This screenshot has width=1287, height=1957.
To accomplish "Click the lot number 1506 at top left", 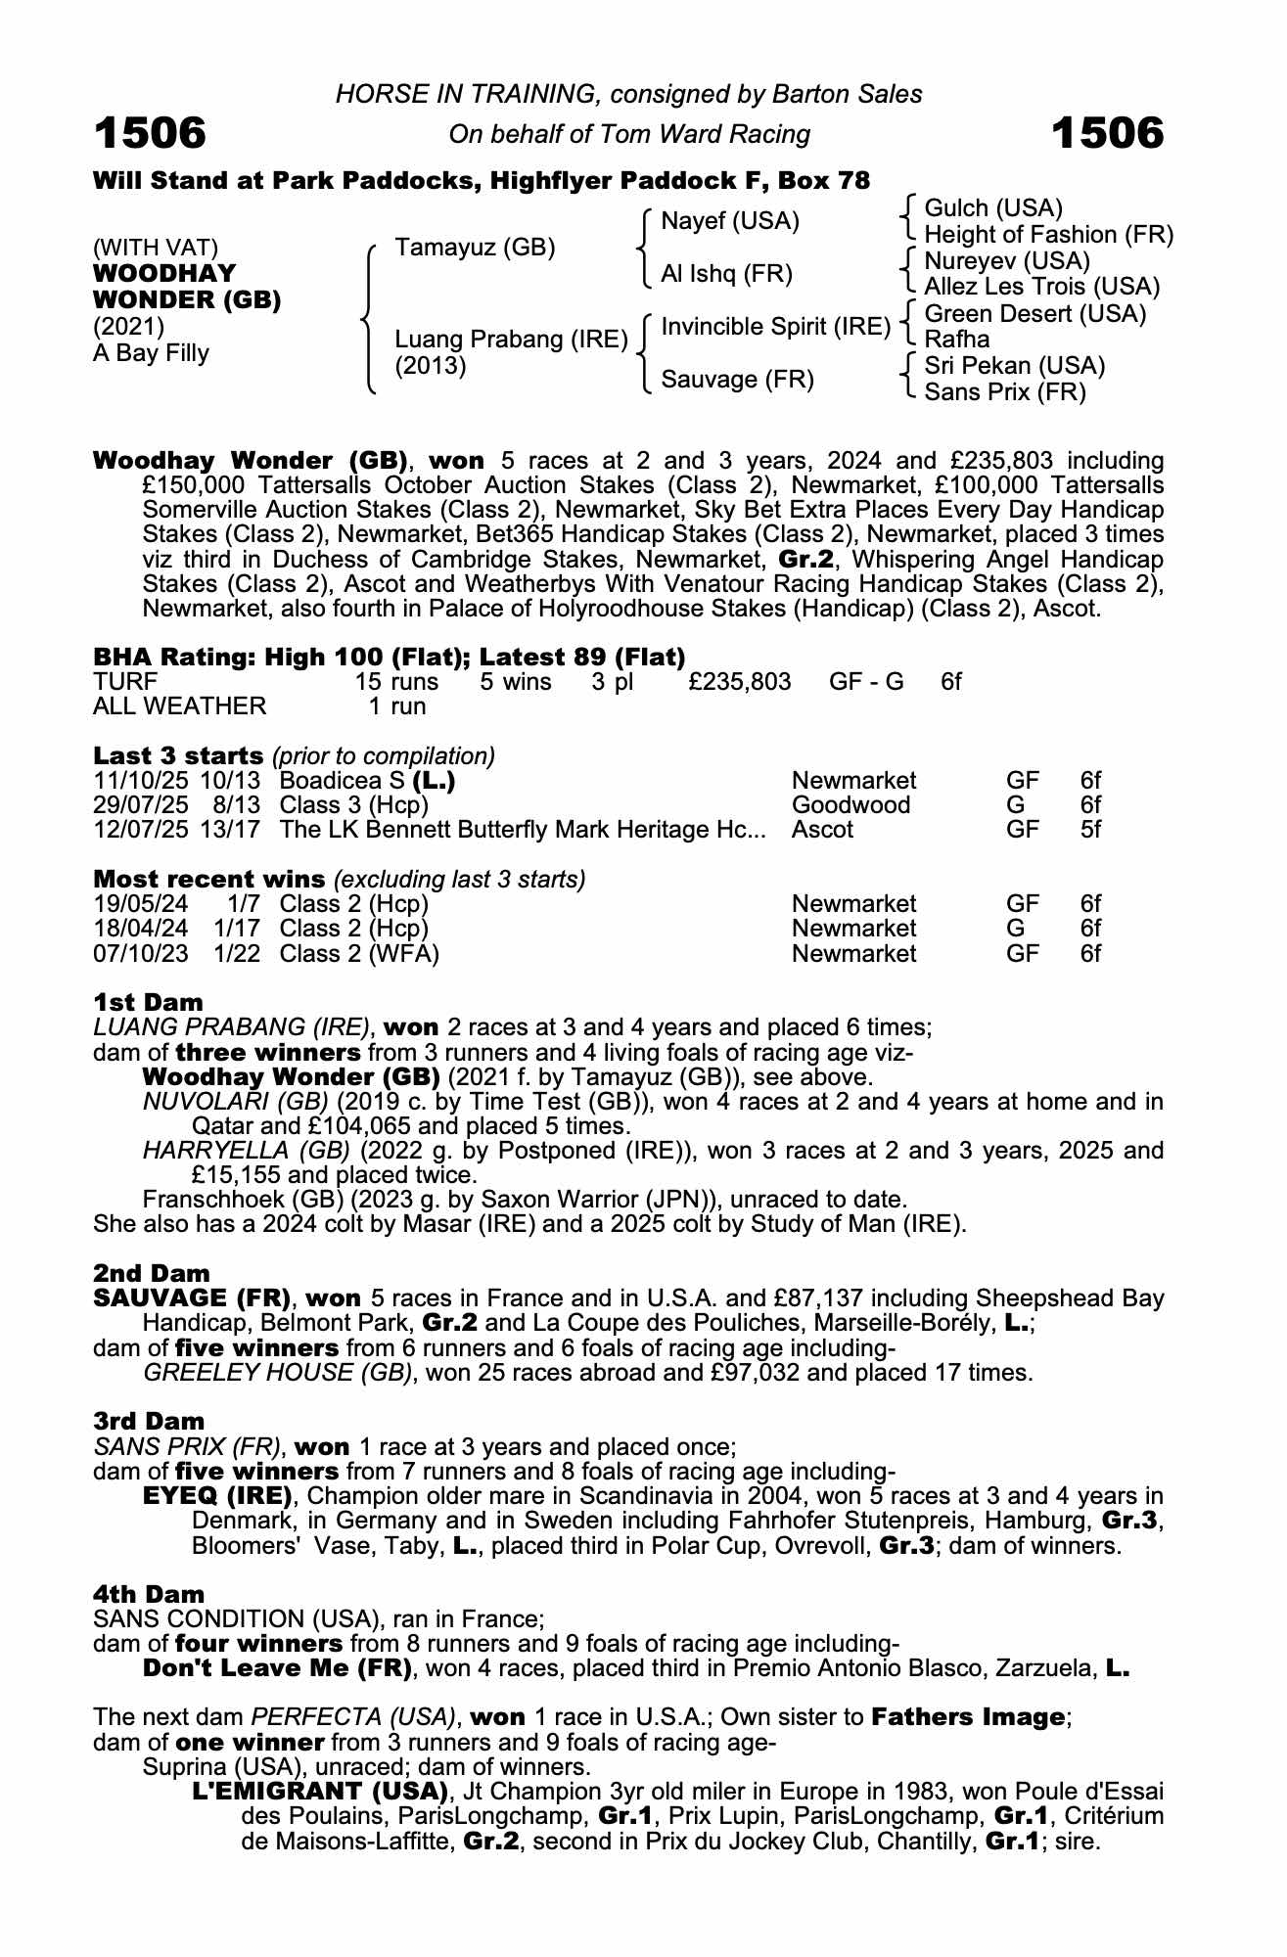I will tap(150, 133).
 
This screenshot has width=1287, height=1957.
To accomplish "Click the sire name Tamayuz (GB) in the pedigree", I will tap(475, 248).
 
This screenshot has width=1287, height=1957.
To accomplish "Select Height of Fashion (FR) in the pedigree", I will tap(1048, 235).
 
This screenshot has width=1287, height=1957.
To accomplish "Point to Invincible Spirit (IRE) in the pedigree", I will tap(775, 327).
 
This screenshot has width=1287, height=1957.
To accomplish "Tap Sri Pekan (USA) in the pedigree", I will tap(1014, 366).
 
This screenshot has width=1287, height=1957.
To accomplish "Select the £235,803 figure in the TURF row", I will tap(739, 681).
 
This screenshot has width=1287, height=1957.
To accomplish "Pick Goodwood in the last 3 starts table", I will tap(850, 805).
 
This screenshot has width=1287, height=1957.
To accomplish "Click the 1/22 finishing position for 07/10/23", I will tap(238, 953).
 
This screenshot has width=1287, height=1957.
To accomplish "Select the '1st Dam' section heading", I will tap(149, 1002).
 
